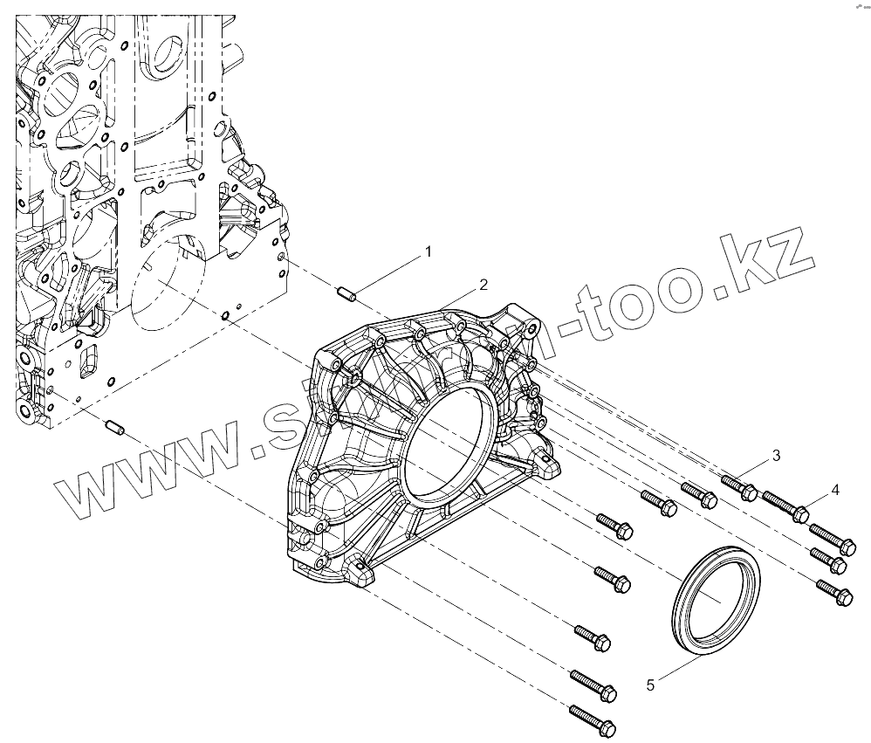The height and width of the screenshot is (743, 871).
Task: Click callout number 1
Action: [x=429, y=252]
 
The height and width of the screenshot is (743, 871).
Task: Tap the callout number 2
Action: [x=483, y=285]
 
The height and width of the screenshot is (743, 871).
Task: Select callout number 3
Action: [x=775, y=456]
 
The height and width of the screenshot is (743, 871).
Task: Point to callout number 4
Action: [x=835, y=490]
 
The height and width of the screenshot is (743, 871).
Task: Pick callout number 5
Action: [x=650, y=685]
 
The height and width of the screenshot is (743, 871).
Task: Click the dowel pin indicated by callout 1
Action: [x=348, y=292]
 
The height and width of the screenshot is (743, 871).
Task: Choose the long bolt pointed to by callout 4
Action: [x=785, y=506]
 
